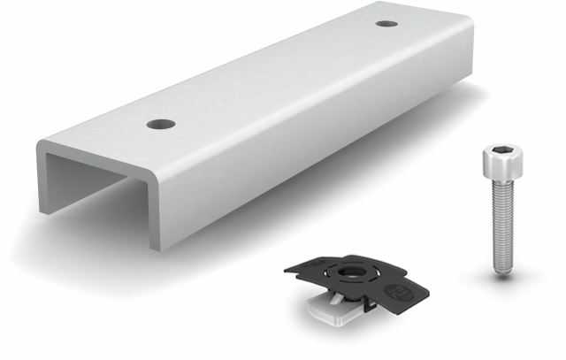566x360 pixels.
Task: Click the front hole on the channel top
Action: click(x=161, y=124)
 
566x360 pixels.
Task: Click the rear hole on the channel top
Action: click(x=386, y=23)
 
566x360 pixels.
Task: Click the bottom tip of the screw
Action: click(x=501, y=271)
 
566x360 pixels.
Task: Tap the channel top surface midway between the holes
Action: click(x=274, y=73)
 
